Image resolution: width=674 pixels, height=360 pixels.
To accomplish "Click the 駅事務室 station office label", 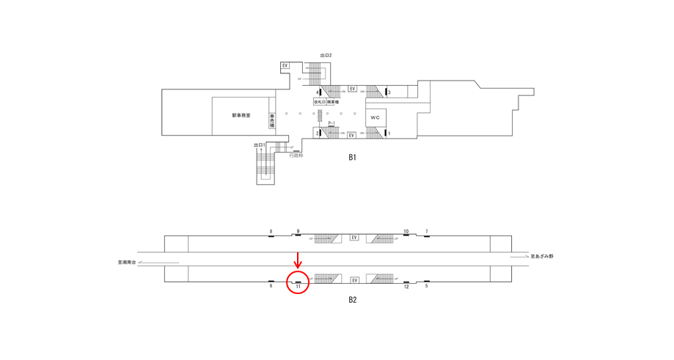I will pyautogui.click(x=241, y=115).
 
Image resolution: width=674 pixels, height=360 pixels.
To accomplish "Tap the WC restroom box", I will pyautogui.click(x=376, y=117).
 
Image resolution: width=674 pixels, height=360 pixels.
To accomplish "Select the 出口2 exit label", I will pyautogui.click(x=326, y=56).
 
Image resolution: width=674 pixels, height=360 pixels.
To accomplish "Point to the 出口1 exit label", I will pyautogui.click(x=258, y=145).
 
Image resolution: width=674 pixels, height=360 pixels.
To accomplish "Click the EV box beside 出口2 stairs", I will pyautogui.click(x=285, y=66).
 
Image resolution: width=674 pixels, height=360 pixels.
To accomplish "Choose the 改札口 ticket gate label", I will pyautogui.click(x=320, y=102).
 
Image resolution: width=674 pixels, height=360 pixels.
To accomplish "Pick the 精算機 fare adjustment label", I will pyautogui.click(x=333, y=102).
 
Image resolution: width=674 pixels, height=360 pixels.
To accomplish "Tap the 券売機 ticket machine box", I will pyautogui.click(x=272, y=120).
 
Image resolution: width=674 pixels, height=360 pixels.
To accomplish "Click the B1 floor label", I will pyautogui.click(x=352, y=157).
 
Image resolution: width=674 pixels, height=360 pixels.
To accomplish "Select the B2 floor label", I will pyautogui.click(x=352, y=299).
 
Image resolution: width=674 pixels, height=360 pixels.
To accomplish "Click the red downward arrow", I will pyautogui.click(x=298, y=260).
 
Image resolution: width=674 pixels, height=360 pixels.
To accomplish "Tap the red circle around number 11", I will pyautogui.click(x=298, y=282).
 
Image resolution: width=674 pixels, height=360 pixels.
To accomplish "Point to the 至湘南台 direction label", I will pyautogui.click(x=127, y=262).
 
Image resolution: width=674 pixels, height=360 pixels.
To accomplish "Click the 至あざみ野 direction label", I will pyautogui.click(x=542, y=256).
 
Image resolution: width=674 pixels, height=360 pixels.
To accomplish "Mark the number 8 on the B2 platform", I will pyautogui.click(x=271, y=232).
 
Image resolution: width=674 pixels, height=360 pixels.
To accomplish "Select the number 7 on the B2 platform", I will pyautogui.click(x=426, y=232).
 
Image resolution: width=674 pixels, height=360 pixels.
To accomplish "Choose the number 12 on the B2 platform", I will pyautogui.click(x=406, y=286).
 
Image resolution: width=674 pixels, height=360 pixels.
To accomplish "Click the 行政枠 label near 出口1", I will pyautogui.click(x=296, y=155).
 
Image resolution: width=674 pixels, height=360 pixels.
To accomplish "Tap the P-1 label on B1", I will pyautogui.click(x=331, y=123).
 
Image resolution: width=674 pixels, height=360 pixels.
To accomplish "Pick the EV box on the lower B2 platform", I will pyautogui.click(x=354, y=280).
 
